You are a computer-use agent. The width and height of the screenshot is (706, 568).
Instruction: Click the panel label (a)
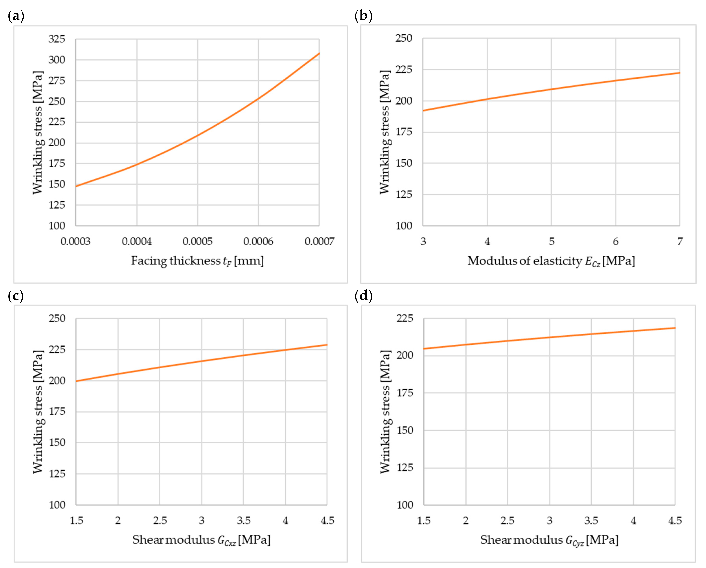(x=16, y=16)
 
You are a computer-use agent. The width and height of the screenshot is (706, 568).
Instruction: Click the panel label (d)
(x=363, y=296)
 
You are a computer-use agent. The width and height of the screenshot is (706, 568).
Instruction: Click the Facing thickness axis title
(x=197, y=261)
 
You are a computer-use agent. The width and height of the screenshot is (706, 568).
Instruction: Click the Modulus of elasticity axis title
(x=551, y=261)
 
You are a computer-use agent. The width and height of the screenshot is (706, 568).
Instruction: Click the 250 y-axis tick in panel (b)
(x=404, y=38)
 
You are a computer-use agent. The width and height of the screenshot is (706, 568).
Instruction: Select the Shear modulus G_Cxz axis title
(x=201, y=540)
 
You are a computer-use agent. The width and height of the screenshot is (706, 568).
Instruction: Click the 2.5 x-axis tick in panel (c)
(x=160, y=520)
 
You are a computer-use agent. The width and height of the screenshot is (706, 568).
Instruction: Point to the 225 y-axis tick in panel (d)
(x=405, y=318)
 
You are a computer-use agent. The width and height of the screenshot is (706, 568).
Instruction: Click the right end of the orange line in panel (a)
(x=319, y=53)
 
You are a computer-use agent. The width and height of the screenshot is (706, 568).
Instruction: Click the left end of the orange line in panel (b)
(x=423, y=111)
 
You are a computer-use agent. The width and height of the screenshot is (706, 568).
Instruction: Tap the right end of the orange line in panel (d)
(x=675, y=328)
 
